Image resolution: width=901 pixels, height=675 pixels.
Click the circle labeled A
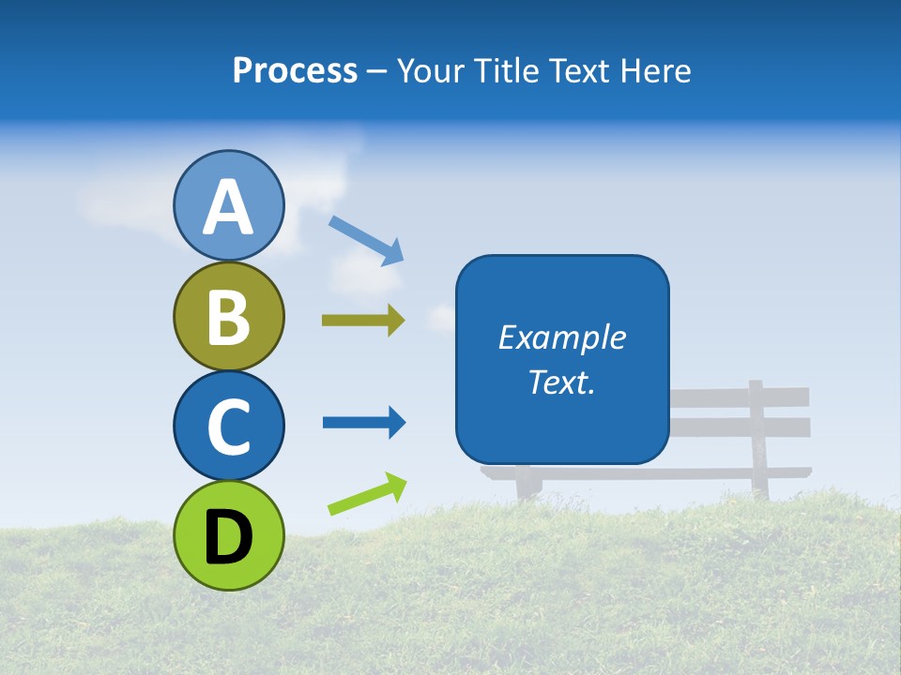(229, 205)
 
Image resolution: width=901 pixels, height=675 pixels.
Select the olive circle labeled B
(229, 316)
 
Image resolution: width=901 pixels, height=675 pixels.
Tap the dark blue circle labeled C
(229, 426)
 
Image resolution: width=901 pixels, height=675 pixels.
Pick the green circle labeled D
(229, 535)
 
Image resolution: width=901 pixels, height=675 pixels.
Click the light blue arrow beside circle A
(366, 240)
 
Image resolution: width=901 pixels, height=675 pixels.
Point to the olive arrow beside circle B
(363, 321)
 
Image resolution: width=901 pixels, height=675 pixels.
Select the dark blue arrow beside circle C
(364, 423)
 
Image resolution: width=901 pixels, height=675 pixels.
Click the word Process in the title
(295, 70)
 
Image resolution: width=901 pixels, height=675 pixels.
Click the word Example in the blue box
(561, 337)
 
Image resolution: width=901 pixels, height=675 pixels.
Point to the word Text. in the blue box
(561, 382)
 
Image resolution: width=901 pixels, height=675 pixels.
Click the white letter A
(229, 207)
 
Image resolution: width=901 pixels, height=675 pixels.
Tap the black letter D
(229, 537)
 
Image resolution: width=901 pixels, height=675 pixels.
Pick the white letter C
(229, 427)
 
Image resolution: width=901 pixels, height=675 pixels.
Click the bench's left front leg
(528, 485)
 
